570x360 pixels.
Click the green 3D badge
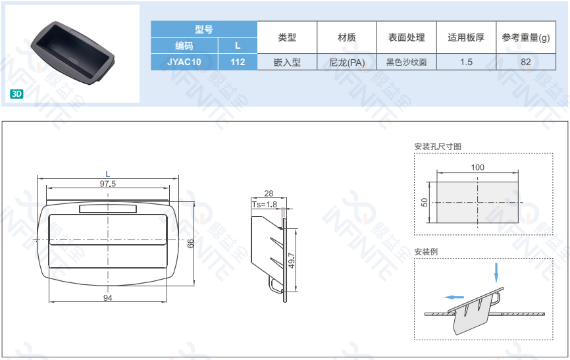[x=16, y=94]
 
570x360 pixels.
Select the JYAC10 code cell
[x=184, y=62]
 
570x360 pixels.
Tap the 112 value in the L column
[x=238, y=62]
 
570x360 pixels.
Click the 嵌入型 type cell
[x=287, y=62]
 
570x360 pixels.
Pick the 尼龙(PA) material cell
[x=347, y=62]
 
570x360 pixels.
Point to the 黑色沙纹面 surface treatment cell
[x=406, y=62]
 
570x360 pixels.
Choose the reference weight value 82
[x=526, y=62]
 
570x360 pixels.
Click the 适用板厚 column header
[x=466, y=38]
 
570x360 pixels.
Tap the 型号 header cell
[x=204, y=29]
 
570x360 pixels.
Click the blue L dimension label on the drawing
[x=107, y=174]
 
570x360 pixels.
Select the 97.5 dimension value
[x=107, y=184]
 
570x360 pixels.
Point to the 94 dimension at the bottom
[x=107, y=298]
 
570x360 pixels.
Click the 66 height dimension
[x=190, y=244]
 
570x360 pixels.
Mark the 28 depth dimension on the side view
[x=269, y=193]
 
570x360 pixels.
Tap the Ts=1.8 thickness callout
[x=265, y=205]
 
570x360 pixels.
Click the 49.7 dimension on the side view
[x=292, y=261]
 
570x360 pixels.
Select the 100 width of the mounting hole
[x=477, y=167]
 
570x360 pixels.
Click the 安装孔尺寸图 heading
[x=438, y=147]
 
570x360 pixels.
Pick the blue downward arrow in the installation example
[x=496, y=272]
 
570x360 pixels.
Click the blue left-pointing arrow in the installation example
[x=453, y=297]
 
